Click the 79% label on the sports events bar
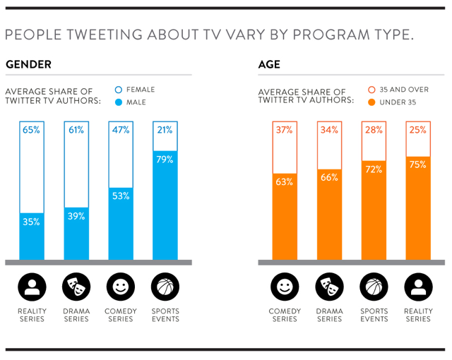(165, 160)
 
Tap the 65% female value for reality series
(31, 130)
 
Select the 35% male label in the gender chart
(31, 222)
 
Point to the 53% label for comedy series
(120, 196)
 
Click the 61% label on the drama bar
(76, 130)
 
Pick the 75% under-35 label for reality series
(417, 165)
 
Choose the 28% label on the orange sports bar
(374, 130)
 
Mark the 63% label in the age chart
(285, 182)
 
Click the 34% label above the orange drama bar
(329, 130)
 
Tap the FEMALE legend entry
(139, 90)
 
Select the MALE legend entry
(134, 102)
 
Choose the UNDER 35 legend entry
(396, 102)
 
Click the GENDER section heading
(28, 65)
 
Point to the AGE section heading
(269, 65)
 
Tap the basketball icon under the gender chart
(165, 287)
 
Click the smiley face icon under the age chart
(285, 287)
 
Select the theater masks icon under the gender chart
(76, 287)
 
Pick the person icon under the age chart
(417, 287)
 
